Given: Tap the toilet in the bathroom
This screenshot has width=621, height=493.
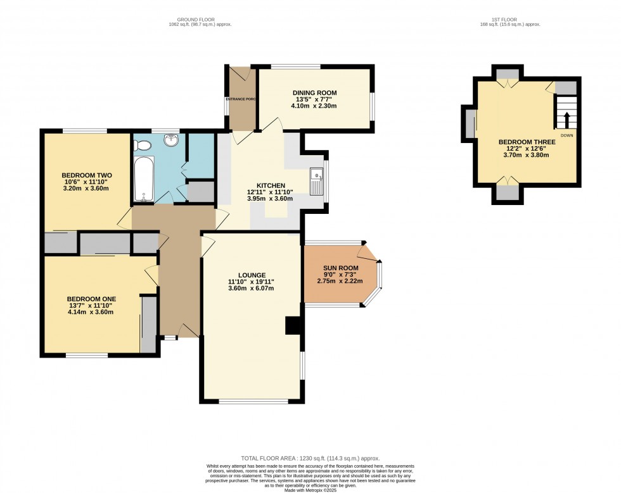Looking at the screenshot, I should coord(144,146).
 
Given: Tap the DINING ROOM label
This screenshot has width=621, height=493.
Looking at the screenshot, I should coord(314,93).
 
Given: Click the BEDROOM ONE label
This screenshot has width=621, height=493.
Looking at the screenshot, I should coord(92,299).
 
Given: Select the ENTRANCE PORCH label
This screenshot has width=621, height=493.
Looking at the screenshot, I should coord(241,99).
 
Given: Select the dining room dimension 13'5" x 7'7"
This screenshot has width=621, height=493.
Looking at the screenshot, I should coord(314,99).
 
